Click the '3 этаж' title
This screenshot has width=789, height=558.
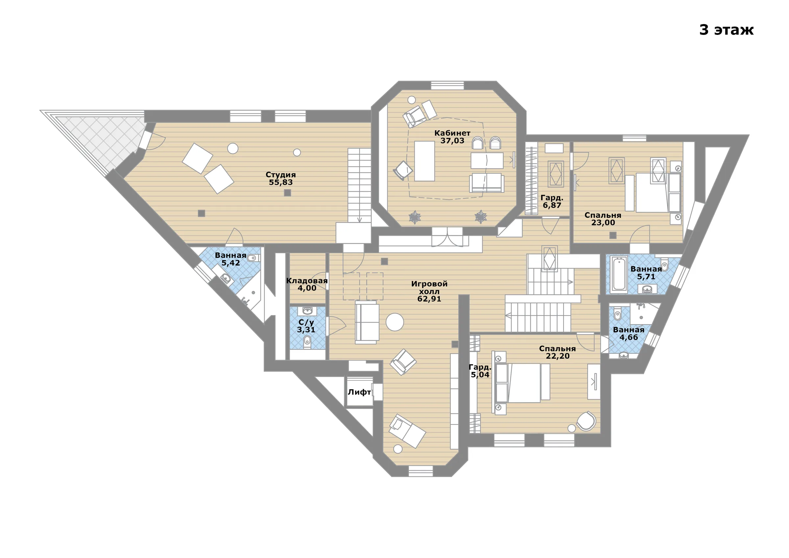tap(726, 30)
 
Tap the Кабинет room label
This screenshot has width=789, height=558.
tap(452, 133)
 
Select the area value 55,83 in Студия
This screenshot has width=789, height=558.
tap(280, 183)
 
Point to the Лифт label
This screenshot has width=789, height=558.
tap(359, 392)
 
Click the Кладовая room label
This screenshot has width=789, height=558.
tap(307, 281)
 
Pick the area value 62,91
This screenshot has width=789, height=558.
tap(429, 299)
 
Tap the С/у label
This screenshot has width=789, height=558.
tap(306, 322)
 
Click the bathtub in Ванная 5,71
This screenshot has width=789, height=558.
tap(619, 275)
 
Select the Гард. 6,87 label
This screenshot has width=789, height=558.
tap(552, 201)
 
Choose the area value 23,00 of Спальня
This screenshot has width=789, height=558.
tap(603, 222)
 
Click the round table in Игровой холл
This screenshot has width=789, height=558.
tap(394, 322)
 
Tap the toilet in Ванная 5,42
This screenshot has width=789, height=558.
tap(253, 258)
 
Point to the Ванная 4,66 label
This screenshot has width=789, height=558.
tap(629, 334)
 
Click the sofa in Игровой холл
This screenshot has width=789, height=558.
tap(367, 322)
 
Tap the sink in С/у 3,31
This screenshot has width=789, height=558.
tap(307, 311)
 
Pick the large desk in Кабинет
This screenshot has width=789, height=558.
tap(424, 161)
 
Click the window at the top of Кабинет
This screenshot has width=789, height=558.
tap(447, 85)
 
